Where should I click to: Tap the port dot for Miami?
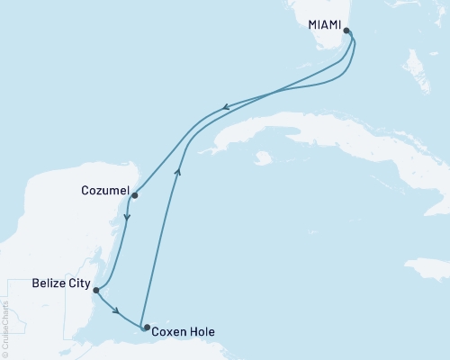(x=347, y=30)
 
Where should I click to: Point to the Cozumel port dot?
(x=134, y=194)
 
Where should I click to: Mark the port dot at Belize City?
(x=96, y=290)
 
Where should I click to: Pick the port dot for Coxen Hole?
(x=144, y=328)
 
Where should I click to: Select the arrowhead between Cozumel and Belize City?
(x=127, y=217)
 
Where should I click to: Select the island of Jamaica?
(x=427, y=268)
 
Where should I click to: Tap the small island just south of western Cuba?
(x=262, y=158)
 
